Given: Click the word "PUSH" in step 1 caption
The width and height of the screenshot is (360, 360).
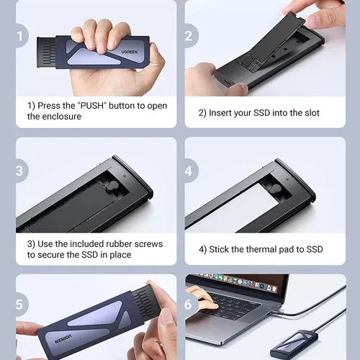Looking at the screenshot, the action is tap(93, 106).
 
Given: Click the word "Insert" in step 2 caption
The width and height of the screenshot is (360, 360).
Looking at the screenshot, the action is tap(220, 113).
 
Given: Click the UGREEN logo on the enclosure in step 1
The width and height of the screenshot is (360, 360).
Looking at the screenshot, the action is tap(130, 52).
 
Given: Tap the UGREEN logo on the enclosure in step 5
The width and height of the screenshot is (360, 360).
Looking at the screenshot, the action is tap(63, 338).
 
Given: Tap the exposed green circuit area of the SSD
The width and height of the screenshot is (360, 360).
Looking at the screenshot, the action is tap(251, 64).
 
